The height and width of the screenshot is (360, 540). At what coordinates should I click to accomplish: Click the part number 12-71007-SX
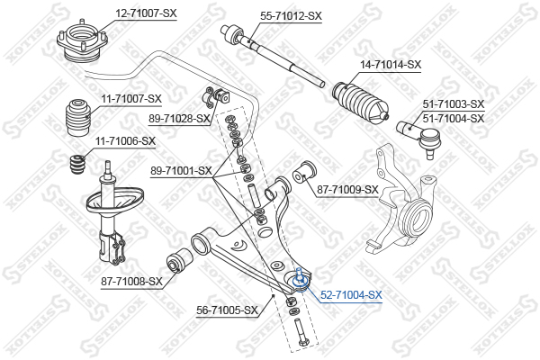tap(146, 13)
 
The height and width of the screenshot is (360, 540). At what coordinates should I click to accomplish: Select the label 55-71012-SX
tap(291, 16)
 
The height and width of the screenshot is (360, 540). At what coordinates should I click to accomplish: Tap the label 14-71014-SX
tap(391, 65)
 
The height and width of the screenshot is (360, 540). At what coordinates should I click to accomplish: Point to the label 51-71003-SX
tap(454, 103)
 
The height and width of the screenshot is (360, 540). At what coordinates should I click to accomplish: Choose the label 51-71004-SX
tap(454, 119)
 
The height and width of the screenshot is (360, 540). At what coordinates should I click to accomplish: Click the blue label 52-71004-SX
tap(351, 295)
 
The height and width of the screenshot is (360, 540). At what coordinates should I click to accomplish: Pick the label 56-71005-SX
tap(227, 310)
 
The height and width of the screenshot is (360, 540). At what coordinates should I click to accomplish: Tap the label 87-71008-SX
tap(131, 282)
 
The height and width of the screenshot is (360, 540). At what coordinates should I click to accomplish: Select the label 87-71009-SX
tap(347, 190)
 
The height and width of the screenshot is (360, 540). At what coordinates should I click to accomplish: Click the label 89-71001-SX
tap(181, 170)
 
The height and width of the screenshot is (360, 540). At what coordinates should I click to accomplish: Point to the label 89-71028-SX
tap(179, 119)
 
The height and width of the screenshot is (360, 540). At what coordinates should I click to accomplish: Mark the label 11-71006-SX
tap(125, 141)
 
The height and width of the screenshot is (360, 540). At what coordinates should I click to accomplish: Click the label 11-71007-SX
tap(131, 99)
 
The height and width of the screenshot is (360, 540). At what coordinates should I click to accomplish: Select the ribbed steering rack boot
tap(361, 103)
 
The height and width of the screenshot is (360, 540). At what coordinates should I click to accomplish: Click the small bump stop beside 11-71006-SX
tap(77, 166)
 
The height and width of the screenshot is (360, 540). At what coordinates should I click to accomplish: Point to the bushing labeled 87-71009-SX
tap(304, 173)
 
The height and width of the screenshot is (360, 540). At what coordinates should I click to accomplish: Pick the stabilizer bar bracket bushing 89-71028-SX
tap(218, 97)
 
